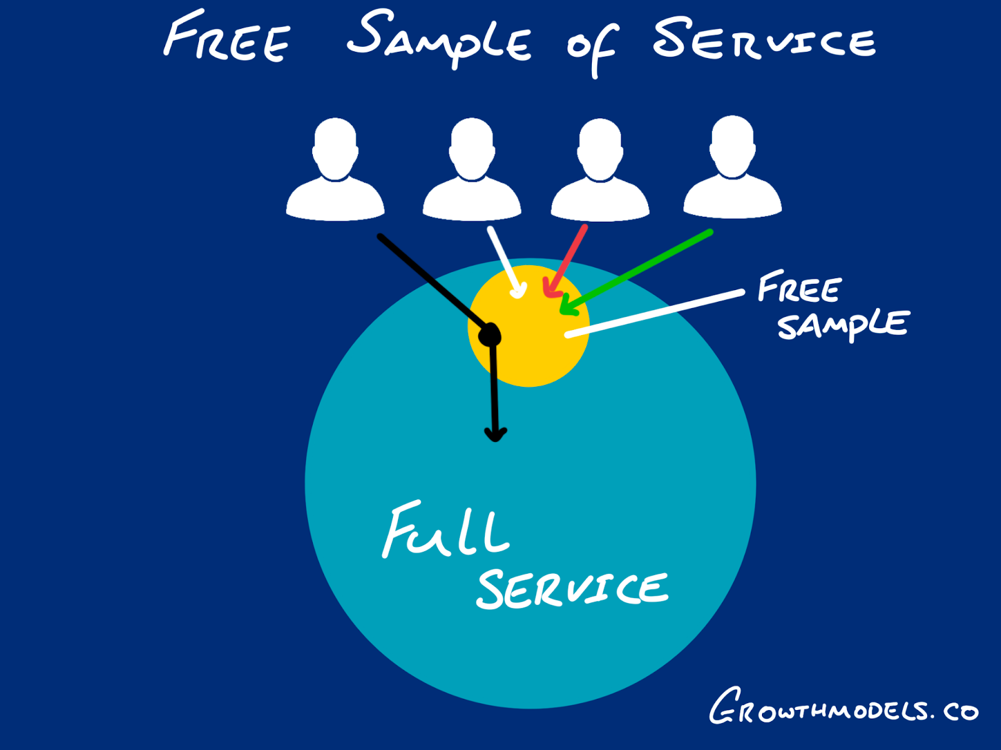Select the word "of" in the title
click(x=592, y=47)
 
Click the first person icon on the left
click(x=335, y=169)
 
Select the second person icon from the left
click(x=472, y=169)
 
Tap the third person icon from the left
click(x=600, y=169)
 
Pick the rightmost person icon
click(x=733, y=167)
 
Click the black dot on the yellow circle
click(x=489, y=336)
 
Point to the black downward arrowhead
click(x=495, y=434)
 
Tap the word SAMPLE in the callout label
click(x=842, y=324)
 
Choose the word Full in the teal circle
click(x=445, y=531)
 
